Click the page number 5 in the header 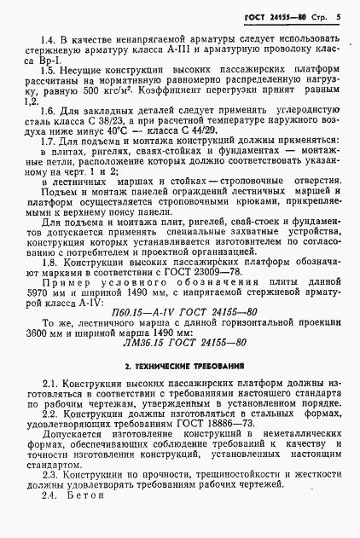tap(338, 15)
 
